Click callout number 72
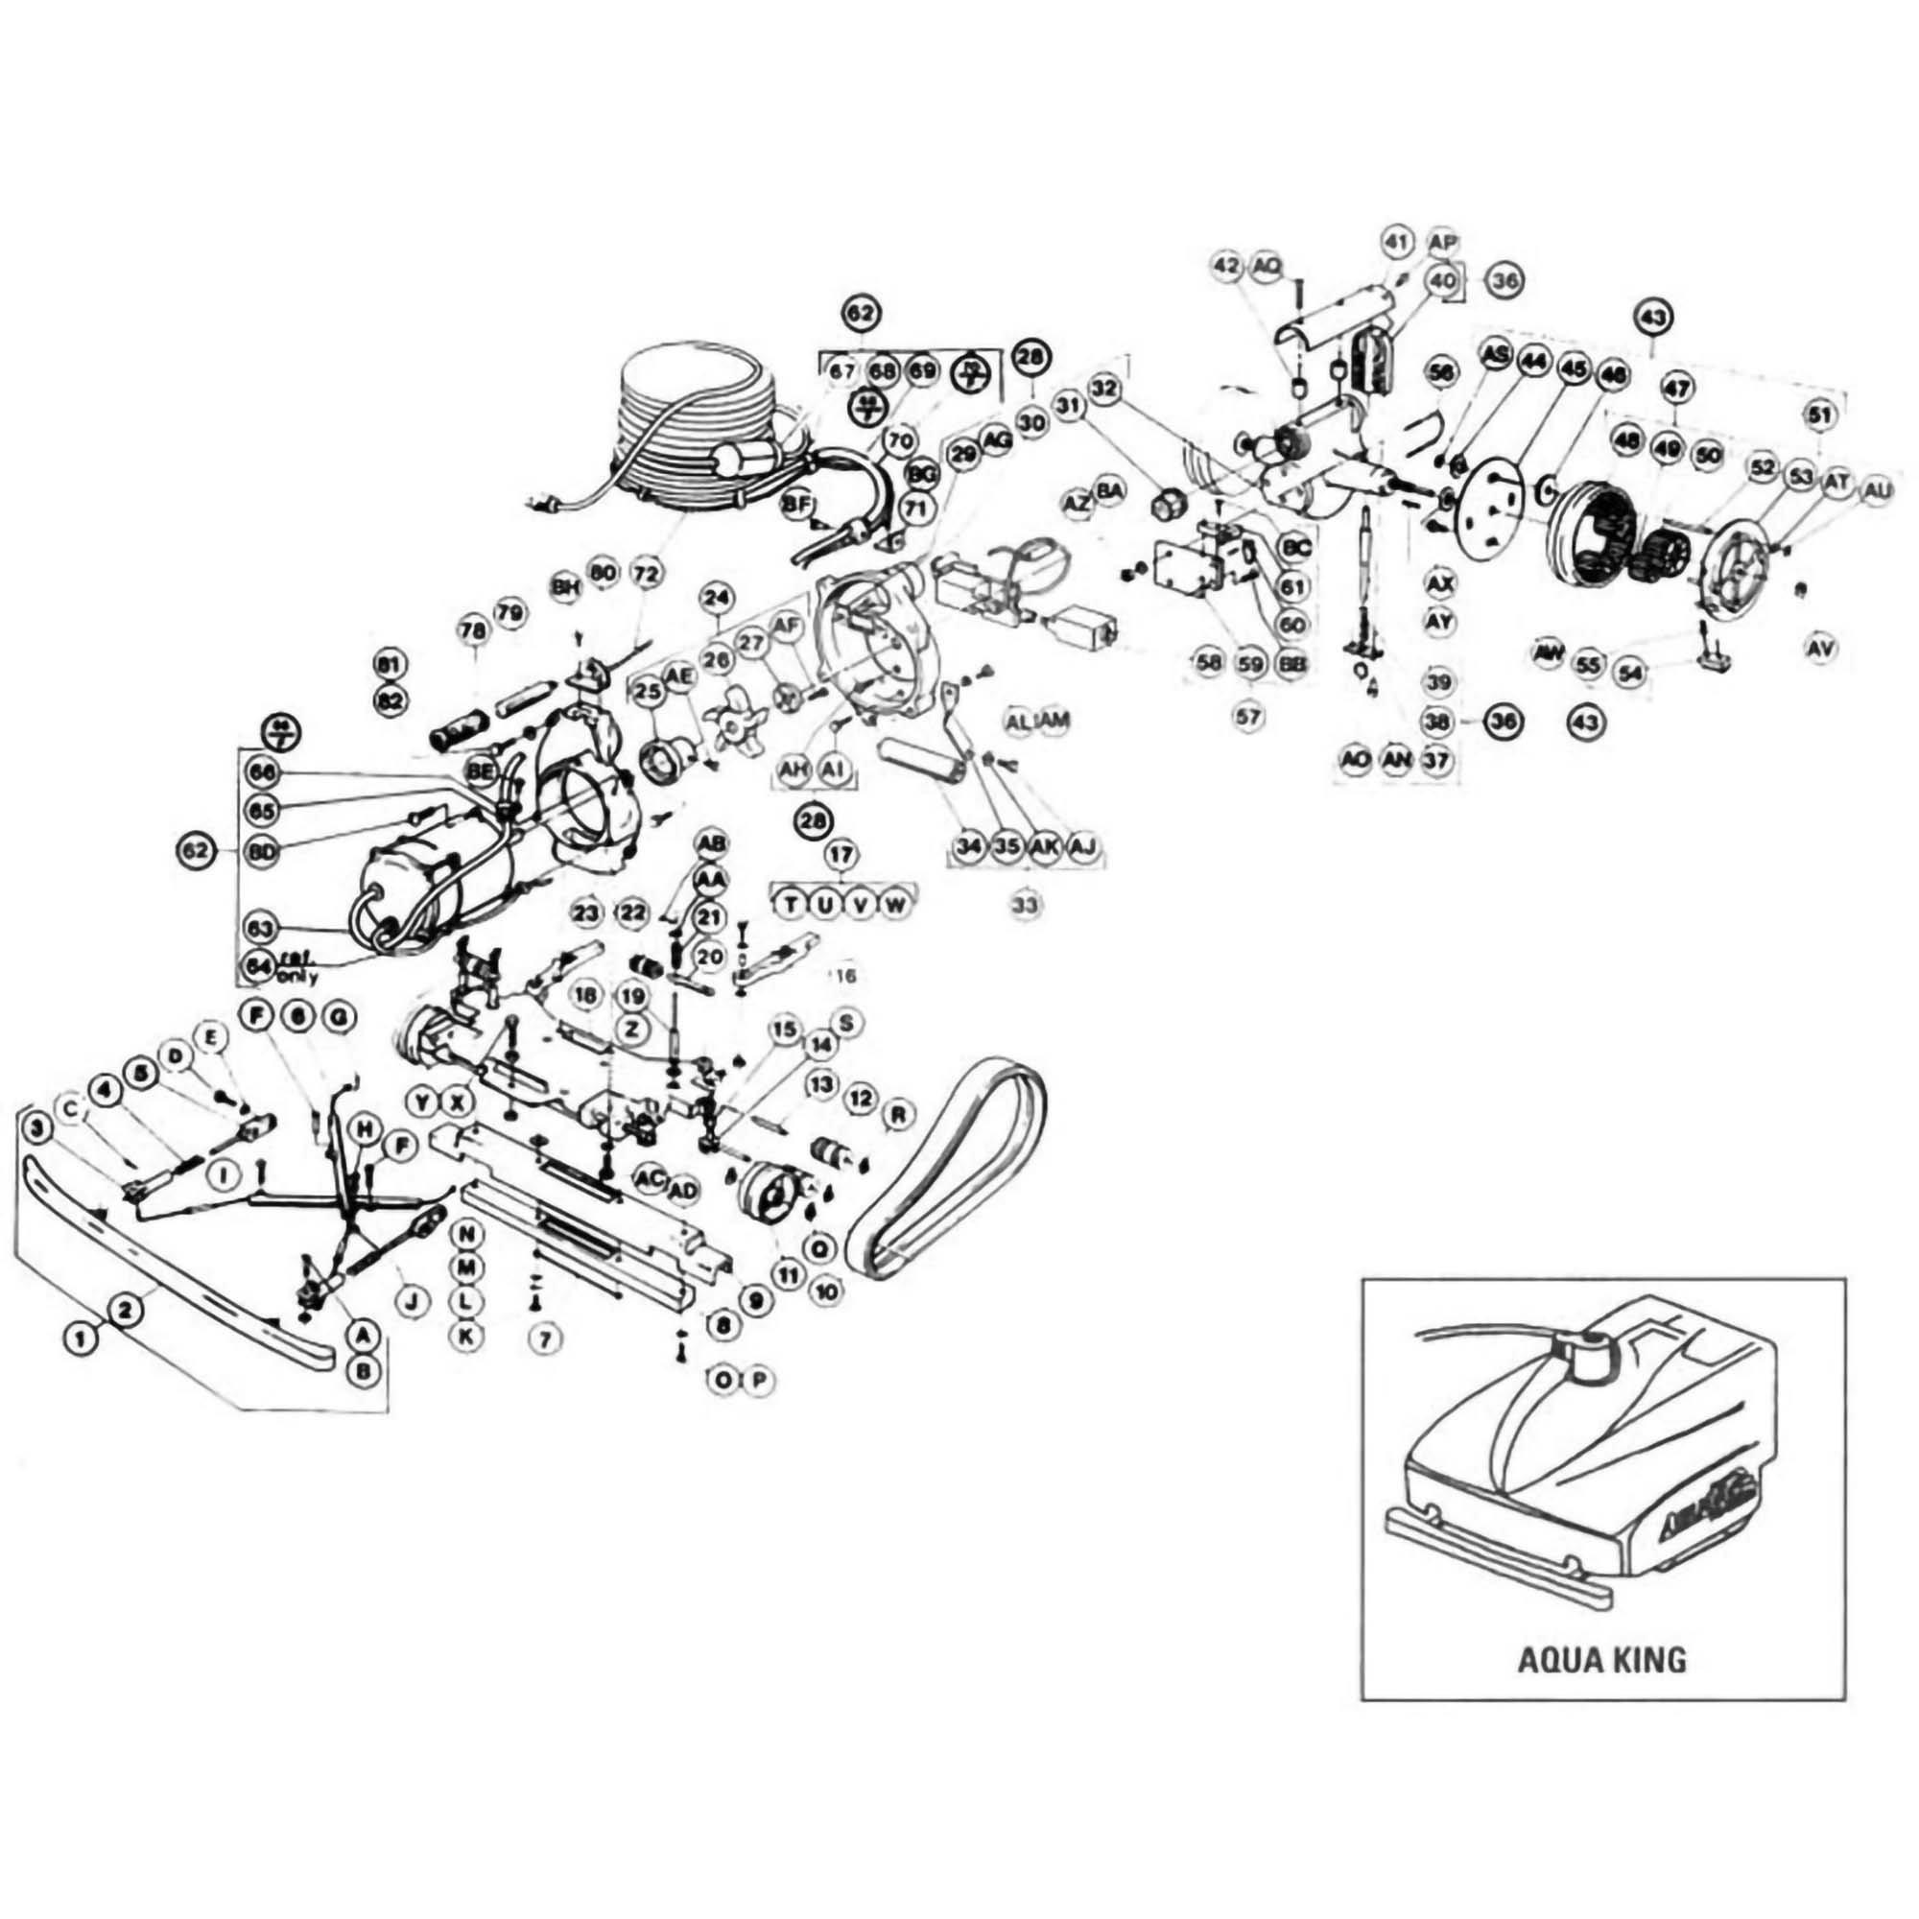(646, 574)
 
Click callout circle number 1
(83, 1339)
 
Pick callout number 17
(842, 853)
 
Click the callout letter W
(894, 904)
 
